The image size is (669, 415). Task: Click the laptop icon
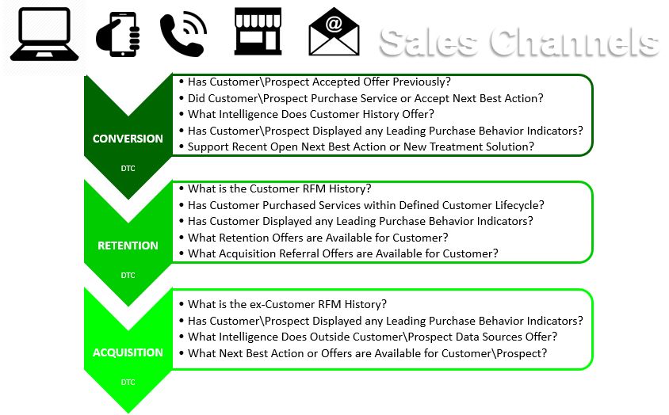[44, 34]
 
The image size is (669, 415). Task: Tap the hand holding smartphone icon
[119, 34]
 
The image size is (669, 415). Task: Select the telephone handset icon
[183, 35]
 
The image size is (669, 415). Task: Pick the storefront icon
[258, 31]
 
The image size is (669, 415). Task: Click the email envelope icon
[334, 32]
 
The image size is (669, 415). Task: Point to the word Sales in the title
[428, 42]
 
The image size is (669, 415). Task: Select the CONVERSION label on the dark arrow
[128, 139]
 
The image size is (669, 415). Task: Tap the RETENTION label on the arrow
[128, 246]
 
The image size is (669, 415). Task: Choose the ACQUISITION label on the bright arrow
[128, 352]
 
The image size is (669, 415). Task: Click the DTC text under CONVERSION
[128, 169]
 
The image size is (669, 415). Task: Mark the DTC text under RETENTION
[128, 276]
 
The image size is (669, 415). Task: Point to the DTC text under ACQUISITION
[128, 383]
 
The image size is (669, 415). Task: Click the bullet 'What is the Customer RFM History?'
[280, 189]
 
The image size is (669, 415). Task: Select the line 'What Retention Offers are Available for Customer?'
[318, 238]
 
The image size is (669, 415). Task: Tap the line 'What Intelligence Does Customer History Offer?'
[311, 114]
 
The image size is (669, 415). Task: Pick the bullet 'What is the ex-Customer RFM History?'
[287, 305]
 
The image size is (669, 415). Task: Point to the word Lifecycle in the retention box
[519, 206]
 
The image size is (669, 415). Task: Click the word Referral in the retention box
[299, 253]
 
